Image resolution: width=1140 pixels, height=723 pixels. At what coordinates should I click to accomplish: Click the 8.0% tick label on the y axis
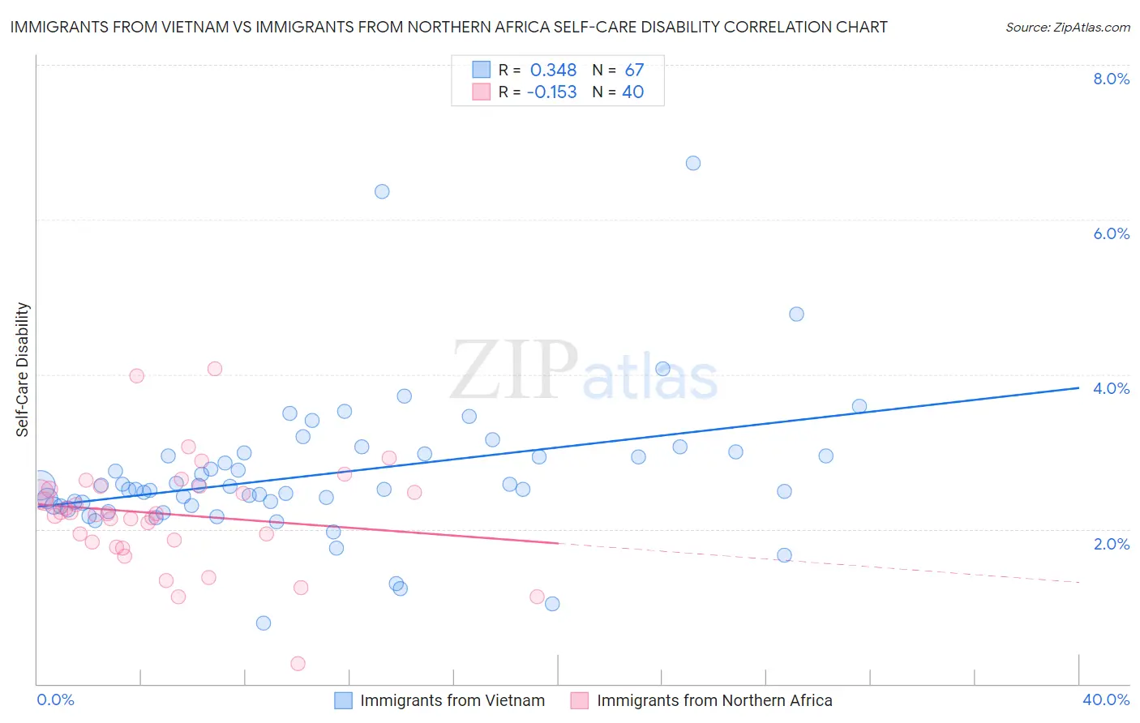1111,79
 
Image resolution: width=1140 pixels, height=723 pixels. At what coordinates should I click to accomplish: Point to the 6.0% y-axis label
1111,233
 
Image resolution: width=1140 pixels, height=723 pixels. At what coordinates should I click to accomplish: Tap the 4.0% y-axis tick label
1111,388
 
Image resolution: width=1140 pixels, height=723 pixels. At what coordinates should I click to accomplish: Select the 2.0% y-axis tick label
1111,544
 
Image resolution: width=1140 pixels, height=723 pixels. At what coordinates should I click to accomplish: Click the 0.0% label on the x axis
55,699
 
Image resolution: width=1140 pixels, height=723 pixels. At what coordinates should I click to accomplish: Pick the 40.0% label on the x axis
1106,699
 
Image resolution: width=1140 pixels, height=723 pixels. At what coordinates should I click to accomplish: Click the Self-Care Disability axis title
23,370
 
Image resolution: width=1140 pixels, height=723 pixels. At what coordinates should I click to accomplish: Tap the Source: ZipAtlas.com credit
1067,28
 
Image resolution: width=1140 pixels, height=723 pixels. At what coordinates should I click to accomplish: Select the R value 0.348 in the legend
553,71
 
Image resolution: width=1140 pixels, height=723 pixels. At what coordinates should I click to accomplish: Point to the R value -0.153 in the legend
551,92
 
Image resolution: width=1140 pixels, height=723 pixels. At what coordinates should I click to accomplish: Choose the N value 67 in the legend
634,71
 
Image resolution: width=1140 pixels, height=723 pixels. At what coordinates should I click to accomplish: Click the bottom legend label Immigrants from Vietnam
452,700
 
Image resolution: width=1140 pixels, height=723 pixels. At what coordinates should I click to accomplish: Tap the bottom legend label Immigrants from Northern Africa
714,700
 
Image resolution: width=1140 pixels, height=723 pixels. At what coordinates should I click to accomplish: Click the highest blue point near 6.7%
693,163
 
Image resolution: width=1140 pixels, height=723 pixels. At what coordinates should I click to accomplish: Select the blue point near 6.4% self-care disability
382,191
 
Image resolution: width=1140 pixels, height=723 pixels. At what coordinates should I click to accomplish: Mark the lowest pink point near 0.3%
298,664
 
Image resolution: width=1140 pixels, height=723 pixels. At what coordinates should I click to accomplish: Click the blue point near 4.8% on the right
796,314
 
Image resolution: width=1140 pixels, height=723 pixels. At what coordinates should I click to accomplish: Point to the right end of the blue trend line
1078,388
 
